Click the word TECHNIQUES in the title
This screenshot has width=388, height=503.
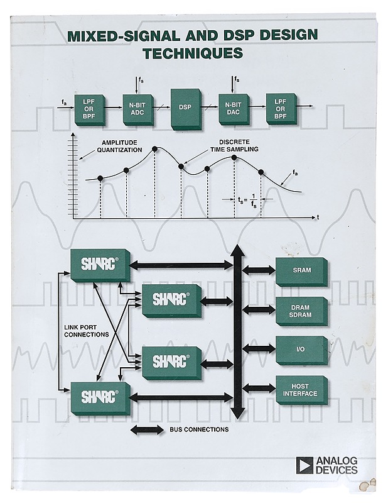click(x=193, y=53)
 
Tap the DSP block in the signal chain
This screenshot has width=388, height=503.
click(x=185, y=107)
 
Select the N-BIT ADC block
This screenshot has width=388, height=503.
click(x=137, y=107)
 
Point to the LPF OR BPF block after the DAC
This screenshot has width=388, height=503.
click(x=281, y=108)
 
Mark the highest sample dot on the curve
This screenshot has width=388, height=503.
click(x=154, y=149)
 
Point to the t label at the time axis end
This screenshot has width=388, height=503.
click(x=318, y=217)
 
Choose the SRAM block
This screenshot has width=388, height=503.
click(x=301, y=270)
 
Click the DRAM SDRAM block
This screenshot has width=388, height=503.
click(x=301, y=310)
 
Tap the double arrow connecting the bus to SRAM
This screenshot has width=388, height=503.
click(x=258, y=270)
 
